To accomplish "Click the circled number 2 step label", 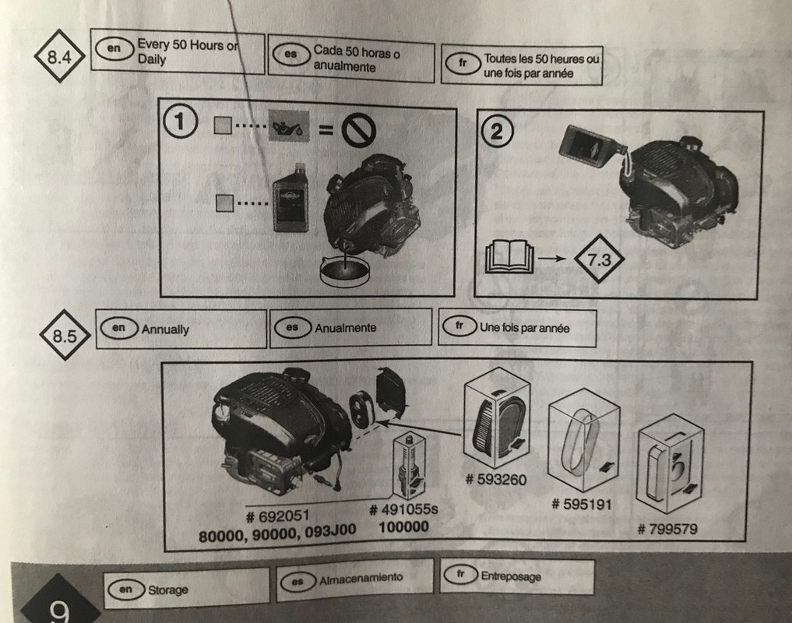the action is pyautogui.click(x=498, y=131).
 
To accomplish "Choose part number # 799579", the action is pyautogui.click(x=667, y=530).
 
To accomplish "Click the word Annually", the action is pyautogui.click(x=165, y=329).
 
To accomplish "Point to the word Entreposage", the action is pyautogui.click(x=511, y=577).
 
